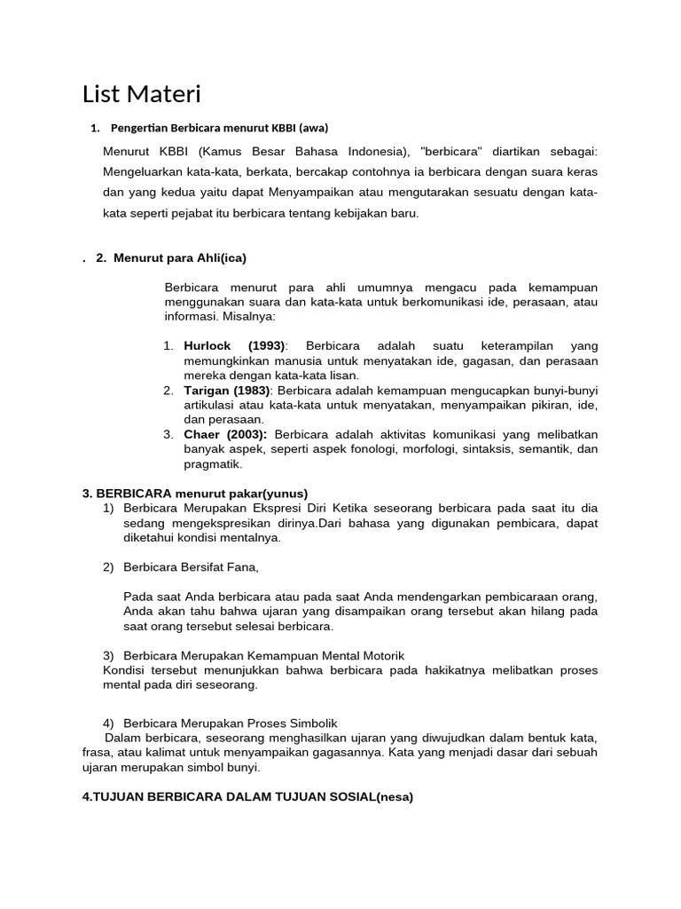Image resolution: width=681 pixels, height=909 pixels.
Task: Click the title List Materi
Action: click(142, 93)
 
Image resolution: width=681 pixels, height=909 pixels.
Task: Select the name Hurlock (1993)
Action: click(235, 345)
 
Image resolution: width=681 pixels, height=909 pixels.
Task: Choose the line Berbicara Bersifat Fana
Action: click(191, 566)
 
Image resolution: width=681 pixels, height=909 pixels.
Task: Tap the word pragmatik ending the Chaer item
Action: click(213, 463)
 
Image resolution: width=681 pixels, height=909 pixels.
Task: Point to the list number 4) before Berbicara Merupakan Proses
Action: click(109, 723)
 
